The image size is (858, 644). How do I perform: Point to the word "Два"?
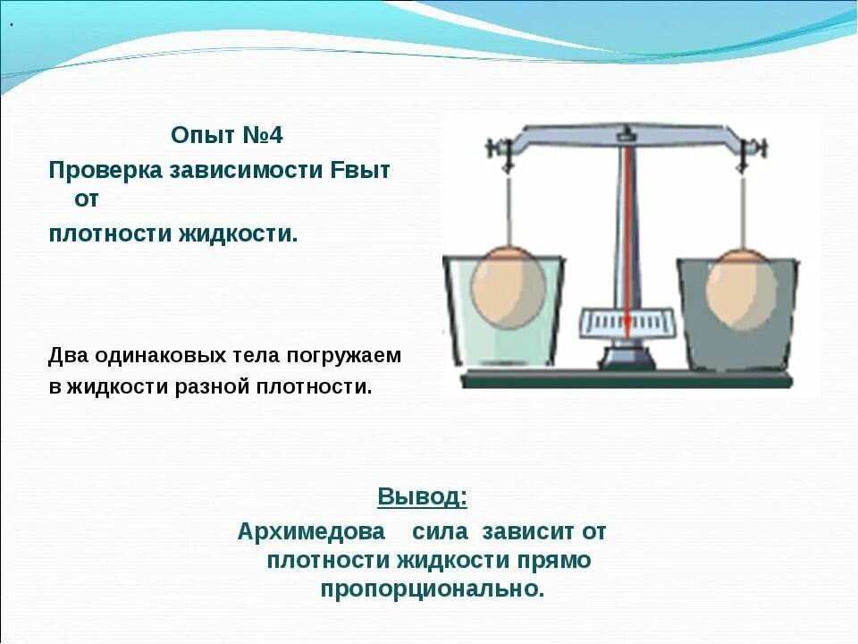pyautogui.click(x=68, y=355)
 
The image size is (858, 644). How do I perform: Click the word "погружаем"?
pyautogui.click(x=344, y=355)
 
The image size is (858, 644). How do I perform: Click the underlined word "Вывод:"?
pyautogui.click(x=422, y=496)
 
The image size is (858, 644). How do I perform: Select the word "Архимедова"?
pyautogui.click(x=311, y=531)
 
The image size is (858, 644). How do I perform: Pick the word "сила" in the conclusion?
pyautogui.click(x=440, y=531)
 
